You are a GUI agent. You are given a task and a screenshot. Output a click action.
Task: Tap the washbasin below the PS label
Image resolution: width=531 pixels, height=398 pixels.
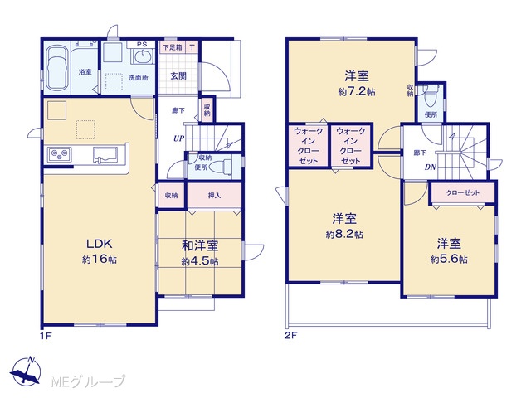pos(144,56)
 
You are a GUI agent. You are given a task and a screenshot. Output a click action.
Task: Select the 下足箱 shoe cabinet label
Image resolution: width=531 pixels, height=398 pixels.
pos(173,47)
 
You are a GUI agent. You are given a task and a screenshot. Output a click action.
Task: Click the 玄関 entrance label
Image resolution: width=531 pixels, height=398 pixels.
pos(178,76)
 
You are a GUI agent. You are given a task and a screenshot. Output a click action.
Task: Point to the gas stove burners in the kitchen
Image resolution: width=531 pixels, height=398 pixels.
pos(60,155)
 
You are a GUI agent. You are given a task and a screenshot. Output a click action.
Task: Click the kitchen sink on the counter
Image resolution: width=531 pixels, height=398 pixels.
pos(105,155)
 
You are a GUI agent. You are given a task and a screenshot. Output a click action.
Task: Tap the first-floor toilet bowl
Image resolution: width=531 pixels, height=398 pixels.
pos(219,167)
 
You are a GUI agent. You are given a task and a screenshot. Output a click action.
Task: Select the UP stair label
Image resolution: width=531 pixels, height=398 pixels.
pos(179,138)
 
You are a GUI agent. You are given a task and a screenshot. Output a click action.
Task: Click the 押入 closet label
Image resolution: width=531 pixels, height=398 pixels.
pos(214,196)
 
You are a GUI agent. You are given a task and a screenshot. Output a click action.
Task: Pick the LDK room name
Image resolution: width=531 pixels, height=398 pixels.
pos(99,244)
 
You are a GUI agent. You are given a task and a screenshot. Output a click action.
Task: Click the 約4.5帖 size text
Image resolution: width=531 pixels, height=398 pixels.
pos(200,261)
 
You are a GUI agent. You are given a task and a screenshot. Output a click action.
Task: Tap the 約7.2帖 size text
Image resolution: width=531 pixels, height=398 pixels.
pos(357,92)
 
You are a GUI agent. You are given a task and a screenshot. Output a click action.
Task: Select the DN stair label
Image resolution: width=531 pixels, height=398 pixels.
pos(431,167)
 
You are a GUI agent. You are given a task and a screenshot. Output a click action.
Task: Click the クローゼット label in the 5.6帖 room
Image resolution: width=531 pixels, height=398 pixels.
pos(463,193)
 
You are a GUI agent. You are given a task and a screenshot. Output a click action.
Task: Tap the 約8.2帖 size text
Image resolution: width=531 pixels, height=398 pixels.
pos(344,234)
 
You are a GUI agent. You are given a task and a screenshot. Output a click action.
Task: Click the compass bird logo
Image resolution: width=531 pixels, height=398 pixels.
pos(26,371)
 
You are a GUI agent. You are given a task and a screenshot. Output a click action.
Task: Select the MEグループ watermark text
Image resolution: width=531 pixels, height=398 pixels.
pos(89,381)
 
